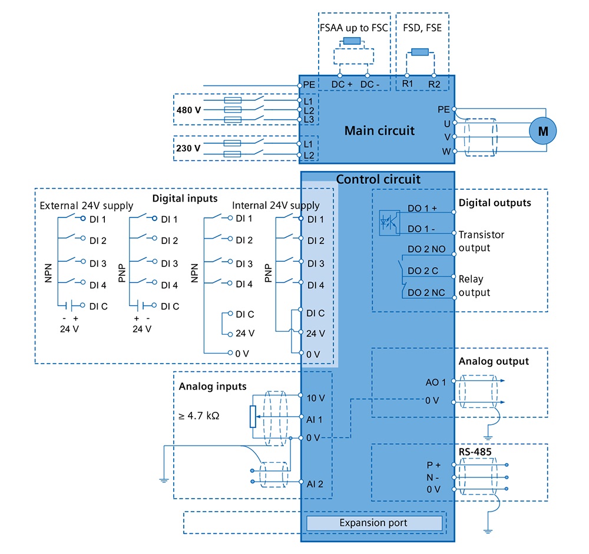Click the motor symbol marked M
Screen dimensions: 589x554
coord(542,131)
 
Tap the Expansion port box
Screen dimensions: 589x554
coord(374,523)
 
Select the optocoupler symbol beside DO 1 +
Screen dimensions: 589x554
coord(389,223)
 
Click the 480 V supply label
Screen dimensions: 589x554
coord(188,110)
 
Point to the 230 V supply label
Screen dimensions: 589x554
coord(188,148)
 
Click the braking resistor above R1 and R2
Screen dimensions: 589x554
coord(420,52)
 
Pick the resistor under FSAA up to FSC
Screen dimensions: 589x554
coord(352,41)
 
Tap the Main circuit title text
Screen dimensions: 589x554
coord(379,130)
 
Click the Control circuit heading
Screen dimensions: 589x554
coord(378,179)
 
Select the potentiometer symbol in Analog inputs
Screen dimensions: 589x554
coord(253,417)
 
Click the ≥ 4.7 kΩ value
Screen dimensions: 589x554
coord(198,415)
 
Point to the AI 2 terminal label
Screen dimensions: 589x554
coord(315,484)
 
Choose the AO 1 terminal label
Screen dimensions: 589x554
coord(436,382)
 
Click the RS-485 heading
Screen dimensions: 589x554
coord(475,452)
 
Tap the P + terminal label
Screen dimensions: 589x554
coord(434,465)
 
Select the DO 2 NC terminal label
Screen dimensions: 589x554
coord(426,292)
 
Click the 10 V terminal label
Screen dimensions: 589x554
coord(316,398)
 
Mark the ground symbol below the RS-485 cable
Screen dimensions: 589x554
coord(488,531)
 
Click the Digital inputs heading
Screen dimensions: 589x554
coord(185,199)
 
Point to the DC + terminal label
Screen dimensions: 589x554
coord(342,84)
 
